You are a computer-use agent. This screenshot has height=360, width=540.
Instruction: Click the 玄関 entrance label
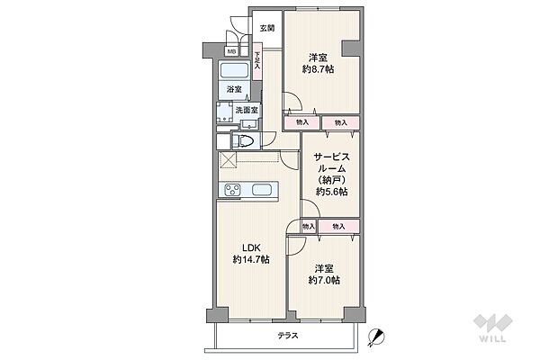pos(267,28)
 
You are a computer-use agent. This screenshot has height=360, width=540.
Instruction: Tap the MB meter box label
pos(232,51)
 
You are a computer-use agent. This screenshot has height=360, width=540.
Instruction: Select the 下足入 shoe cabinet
pos(256,61)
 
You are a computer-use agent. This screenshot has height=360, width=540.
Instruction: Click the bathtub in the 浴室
pos(235,70)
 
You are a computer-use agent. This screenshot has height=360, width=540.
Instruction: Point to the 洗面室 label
pos(247,110)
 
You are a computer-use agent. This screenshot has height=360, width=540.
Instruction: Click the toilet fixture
pos(243,141)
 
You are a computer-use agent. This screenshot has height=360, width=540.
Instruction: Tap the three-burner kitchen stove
pos(232,190)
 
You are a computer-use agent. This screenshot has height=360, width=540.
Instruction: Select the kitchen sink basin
pos(262,190)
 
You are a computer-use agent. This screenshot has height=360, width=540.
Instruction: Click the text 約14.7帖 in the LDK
pos(251,259)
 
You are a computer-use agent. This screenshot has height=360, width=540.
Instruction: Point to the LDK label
pos(251,247)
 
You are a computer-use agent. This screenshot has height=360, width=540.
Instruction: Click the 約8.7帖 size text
pos(318,69)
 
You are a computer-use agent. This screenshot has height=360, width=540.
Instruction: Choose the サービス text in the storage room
pos(331,157)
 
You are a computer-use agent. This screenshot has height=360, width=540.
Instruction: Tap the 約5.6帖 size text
pos(331,192)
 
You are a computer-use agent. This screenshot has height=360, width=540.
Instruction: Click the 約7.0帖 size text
pos(324,281)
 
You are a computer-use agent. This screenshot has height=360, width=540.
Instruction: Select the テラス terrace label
pos(288,335)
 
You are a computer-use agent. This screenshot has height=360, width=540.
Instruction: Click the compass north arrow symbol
pos(375,337)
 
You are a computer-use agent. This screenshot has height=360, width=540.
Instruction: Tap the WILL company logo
pos(492,328)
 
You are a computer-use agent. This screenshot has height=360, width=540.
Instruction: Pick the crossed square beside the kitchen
pos(228,160)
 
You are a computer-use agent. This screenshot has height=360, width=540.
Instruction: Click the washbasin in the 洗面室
pos(247,124)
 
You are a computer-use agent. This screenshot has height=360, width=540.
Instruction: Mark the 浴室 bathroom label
pos(234,90)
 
